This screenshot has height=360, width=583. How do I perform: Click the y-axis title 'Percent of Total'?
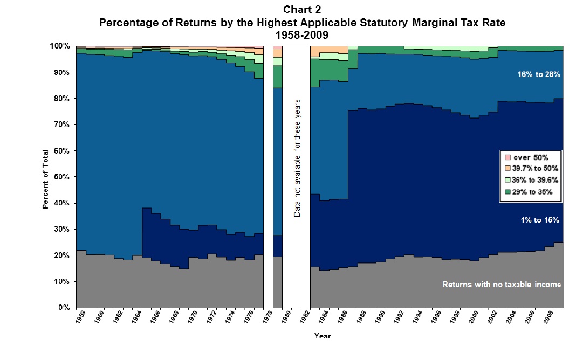45,178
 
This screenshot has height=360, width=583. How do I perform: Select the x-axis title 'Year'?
323,336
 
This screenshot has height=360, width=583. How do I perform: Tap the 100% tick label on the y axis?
60,46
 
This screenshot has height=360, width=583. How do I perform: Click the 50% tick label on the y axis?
61,177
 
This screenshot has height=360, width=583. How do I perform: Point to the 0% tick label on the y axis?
64,308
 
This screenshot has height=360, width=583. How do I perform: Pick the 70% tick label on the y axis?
61,124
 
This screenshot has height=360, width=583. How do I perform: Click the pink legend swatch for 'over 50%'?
507,158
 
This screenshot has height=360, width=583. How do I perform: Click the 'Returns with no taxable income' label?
502,285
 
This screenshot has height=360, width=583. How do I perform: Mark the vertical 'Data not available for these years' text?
297,158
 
